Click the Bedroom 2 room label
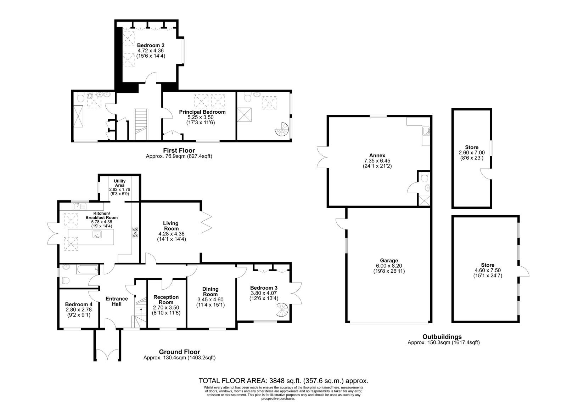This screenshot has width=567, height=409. pos(151,45)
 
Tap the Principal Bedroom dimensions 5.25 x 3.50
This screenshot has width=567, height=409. pos(201,117)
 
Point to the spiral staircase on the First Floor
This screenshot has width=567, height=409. pos(282,130)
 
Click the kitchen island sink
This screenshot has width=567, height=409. pos(97,234)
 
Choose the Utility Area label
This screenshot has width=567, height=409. pos(119,183)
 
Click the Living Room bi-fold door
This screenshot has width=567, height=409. pos(206,222)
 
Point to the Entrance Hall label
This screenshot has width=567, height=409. pos(117,301)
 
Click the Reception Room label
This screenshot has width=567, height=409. pos(166,300)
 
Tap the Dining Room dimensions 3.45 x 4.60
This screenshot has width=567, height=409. pos(210,300)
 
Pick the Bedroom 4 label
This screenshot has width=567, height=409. pos(79,304)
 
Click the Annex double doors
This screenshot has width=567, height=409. pos(322,157)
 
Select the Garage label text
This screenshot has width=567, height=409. pos(389,260)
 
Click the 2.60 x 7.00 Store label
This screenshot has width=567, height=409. pos(472,147)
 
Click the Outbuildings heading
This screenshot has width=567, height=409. pos(442,337)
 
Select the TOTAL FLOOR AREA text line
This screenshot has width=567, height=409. pos(283,381)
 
